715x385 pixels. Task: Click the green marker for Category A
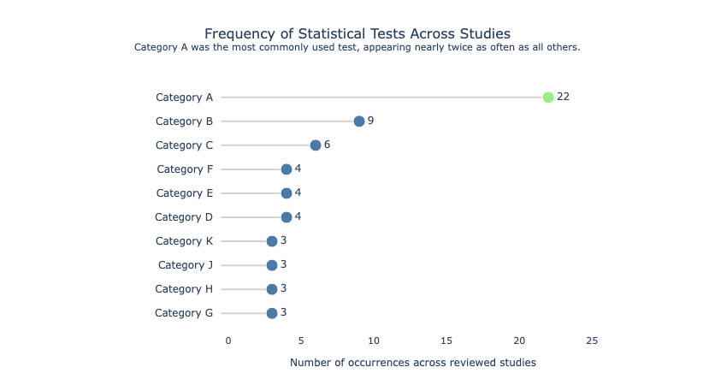click(x=548, y=97)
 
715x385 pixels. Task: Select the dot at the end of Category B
click(x=359, y=121)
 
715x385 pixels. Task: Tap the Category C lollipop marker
click(x=316, y=145)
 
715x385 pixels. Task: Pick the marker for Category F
click(x=287, y=169)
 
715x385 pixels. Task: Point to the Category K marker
click(x=272, y=240)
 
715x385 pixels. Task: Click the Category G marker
click(x=272, y=313)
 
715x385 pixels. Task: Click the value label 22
click(x=563, y=97)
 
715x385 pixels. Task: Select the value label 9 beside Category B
click(x=370, y=121)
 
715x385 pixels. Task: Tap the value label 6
click(x=327, y=145)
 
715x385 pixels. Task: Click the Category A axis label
click(x=184, y=98)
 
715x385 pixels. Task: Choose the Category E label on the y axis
click(x=184, y=193)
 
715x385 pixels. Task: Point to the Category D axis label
click(x=184, y=217)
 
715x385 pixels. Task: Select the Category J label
click(x=185, y=265)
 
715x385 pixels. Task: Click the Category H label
click(x=184, y=289)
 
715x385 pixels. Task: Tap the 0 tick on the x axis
click(x=228, y=341)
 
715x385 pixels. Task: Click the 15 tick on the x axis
click(x=446, y=341)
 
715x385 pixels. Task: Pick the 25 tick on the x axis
click(x=592, y=341)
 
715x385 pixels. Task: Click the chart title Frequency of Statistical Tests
click(x=357, y=33)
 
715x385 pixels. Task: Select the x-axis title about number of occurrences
click(x=412, y=363)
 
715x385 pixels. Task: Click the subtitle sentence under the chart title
click(x=357, y=48)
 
